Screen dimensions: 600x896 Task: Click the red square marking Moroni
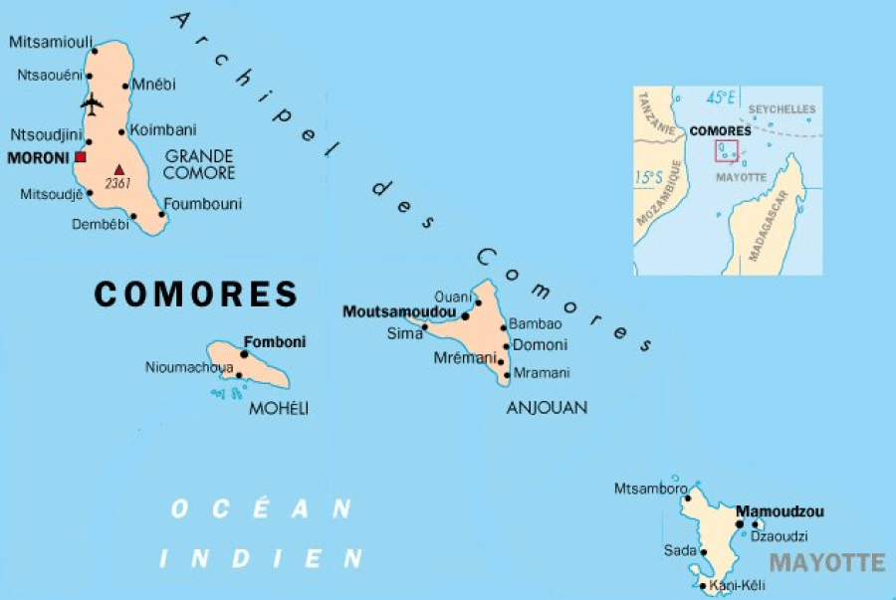81,157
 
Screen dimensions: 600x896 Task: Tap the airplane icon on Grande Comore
93,102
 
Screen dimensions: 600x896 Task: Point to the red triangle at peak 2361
119,170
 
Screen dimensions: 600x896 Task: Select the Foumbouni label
203,204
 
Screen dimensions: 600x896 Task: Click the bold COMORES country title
196,294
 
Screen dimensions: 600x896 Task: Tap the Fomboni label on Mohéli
275,341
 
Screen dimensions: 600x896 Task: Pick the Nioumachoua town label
189,367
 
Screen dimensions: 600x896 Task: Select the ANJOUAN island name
547,407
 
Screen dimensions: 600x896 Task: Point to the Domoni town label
539,345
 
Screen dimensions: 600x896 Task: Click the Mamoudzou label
780,511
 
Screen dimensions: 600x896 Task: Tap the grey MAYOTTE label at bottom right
826,563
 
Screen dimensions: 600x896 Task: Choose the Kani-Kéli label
740,586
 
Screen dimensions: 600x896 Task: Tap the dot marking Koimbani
121,131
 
